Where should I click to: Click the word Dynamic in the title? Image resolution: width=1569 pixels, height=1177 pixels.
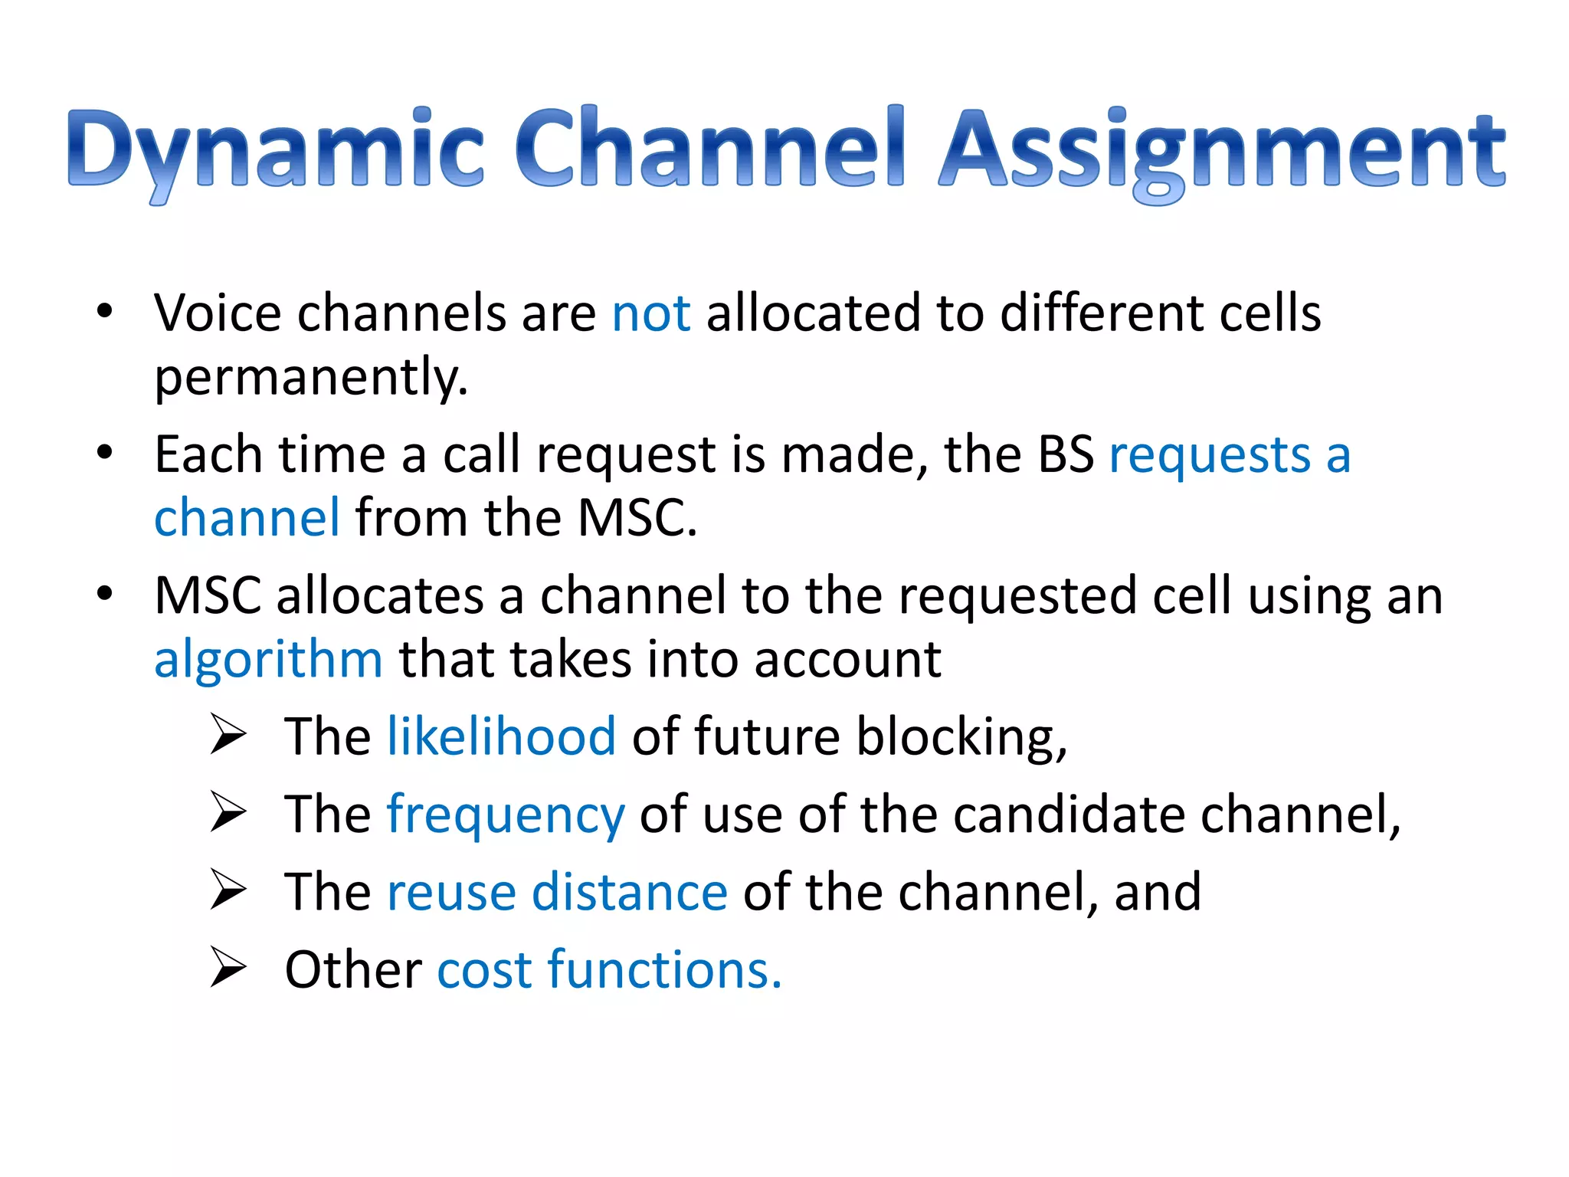[x=276, y=149]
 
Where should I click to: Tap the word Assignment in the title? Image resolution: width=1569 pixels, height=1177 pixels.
[x=1222, y=149]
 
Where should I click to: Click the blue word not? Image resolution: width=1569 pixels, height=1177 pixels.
[x=651, y=313]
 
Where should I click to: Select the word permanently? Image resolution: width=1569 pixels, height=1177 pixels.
[x=310, y=378]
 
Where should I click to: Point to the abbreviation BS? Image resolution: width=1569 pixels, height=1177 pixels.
[x=1065, y=454]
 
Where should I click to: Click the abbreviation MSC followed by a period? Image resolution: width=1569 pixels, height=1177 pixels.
[x=636, y=518]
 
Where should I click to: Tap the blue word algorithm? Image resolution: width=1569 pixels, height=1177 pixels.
[x=268, y=659]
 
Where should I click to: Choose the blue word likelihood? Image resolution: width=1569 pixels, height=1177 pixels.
[x=501, y=736]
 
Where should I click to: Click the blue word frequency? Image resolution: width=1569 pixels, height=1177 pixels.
[x=506, y=815]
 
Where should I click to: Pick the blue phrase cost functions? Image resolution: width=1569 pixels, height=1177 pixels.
[x=609, y=970]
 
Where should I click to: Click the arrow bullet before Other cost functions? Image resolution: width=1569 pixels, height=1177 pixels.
[x=228, y=967]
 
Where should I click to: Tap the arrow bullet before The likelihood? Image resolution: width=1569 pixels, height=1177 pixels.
[x=228, y=734]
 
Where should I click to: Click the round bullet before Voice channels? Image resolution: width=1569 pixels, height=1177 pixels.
[x=105, y=311]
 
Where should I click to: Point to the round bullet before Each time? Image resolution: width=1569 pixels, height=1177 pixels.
[x=105, y=452]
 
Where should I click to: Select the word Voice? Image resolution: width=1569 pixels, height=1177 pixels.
[x=218, y=313]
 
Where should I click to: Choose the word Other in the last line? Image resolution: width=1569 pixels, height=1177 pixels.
[x=353, y=970]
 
